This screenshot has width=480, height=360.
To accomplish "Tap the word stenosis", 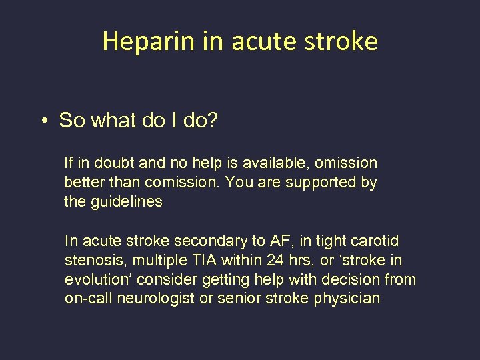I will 91,261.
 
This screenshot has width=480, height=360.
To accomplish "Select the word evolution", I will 93,280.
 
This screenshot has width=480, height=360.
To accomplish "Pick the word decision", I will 345,280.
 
